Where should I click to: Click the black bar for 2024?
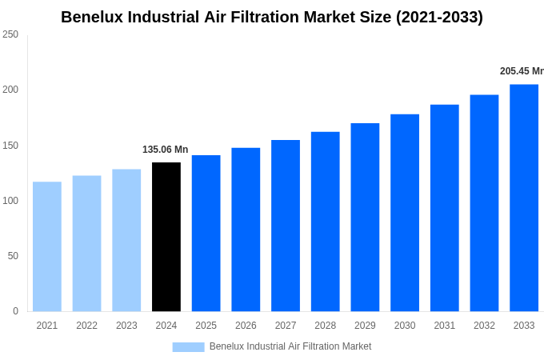coord(166,237)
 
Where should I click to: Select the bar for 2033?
coord(524,198)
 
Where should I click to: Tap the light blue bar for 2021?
coord(47,246)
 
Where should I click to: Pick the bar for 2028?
coord(326,222)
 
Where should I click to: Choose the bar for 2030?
coord(405,213)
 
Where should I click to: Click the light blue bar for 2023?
coord(126,240)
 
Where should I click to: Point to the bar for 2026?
coord(246,230)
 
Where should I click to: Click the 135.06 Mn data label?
coord(165,150)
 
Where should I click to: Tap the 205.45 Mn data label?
coord(521,71)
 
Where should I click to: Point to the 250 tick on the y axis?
coord(10,34)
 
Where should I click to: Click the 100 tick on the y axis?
coord(10,201)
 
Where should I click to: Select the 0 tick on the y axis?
coord(15,311)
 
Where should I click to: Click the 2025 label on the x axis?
coord(206,326)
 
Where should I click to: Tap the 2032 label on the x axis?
coord(484,326)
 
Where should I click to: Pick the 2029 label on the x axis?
coord(365,326)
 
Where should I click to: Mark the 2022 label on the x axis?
coord(86,326)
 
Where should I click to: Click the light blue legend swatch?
coord(188,346)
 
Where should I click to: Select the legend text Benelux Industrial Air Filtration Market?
coord(290,346)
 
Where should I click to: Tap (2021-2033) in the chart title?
coord(439,17)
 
